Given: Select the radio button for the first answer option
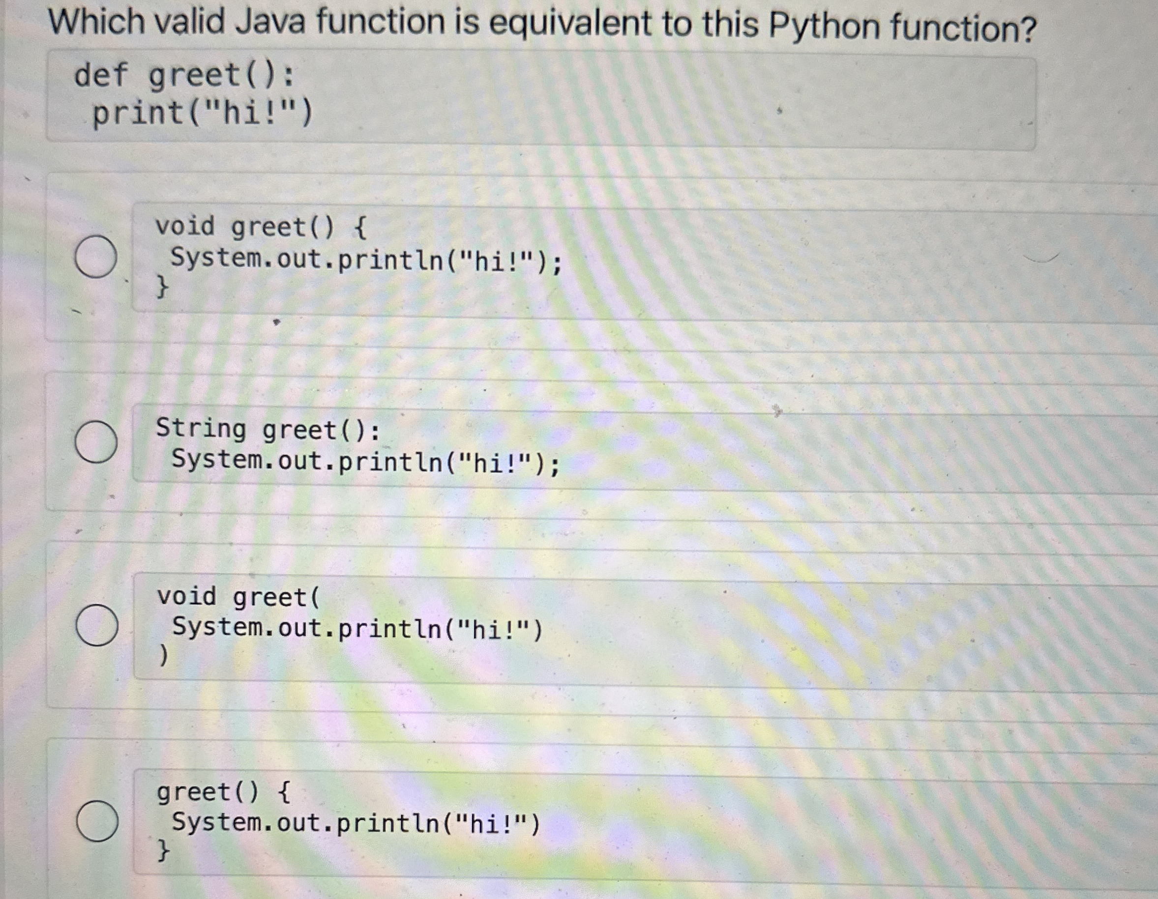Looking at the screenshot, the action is pos(96,257).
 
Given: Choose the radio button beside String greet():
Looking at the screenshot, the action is pos(96,442).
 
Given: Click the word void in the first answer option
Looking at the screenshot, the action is pos(185,226).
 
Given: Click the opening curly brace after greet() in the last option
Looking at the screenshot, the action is pos(284,792).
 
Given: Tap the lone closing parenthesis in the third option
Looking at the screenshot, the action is pos(164,656).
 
